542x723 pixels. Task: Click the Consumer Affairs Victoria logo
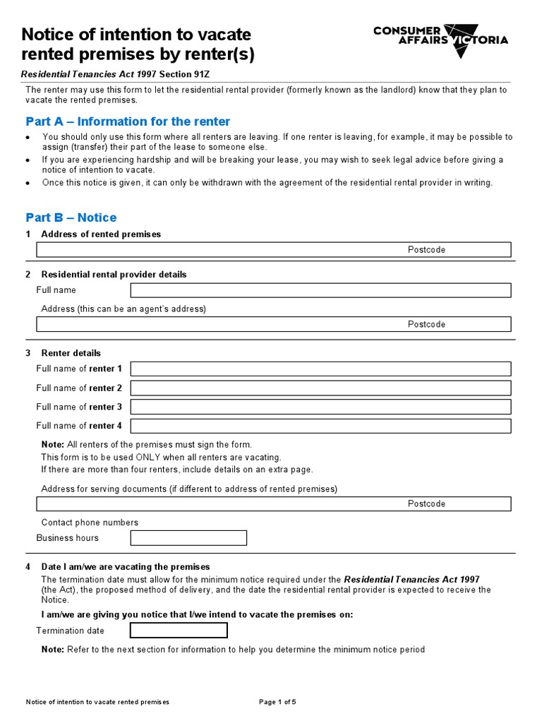tap(440, 35)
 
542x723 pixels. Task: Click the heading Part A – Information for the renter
tap(128, 121)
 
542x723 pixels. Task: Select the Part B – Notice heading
tap(71, 217)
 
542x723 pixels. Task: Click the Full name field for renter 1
tap(320, 369)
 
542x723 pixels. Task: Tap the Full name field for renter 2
tap(320, 388)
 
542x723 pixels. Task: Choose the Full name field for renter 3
tap(320, 407)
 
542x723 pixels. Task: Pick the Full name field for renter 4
tap(320, 426)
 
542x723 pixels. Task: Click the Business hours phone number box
tap(188, 538)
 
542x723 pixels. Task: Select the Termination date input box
tap(179, 631)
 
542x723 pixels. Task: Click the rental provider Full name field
tap(320, 290)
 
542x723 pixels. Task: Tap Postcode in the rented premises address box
tap(426, 250)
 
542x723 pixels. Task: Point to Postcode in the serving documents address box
tap(426, 504)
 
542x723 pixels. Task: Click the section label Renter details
tap(71, 353)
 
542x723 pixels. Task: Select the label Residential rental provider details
tap(114, 275)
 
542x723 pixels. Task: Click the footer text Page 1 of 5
tap(278, 702)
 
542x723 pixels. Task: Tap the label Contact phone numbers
tap(90, 522)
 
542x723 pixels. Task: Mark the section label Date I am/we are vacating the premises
tap(126, 567)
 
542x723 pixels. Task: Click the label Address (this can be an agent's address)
tap(124, 309)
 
